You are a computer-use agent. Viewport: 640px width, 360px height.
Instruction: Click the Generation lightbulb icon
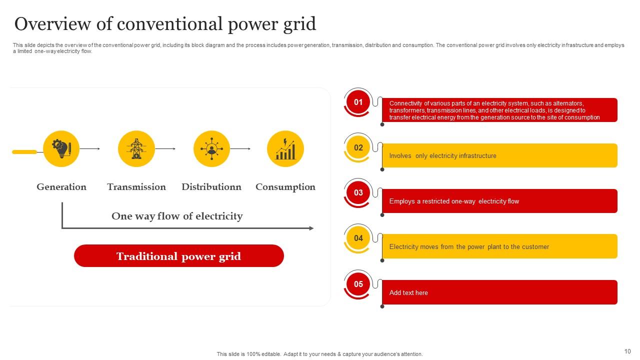click(x=61, y=149)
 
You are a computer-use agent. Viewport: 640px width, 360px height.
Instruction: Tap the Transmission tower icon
click(x=136, y=149)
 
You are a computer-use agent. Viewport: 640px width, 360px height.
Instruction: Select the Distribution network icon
click(x=211, y=149)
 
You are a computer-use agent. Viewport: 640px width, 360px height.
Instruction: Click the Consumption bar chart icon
click(x=285, y=149)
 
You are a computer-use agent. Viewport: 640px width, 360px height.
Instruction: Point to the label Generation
click(x=61, y=187)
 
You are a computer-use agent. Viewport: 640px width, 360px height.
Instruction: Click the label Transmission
click(x=136, y=187)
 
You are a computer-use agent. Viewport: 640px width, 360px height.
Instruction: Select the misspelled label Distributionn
click(x=211, y=187)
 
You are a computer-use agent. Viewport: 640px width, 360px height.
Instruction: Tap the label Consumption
click(x=285, y=187)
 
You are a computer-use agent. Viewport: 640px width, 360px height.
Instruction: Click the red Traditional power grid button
click(x=179, y=256)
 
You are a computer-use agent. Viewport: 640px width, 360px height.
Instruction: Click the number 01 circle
click(x=358, y=102)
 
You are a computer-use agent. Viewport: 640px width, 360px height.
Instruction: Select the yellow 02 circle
click(x=358, y=148)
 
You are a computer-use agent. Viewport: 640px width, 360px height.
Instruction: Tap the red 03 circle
click(x=358, y=193)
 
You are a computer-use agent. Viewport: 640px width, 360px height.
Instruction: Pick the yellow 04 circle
click(x=358, y=238)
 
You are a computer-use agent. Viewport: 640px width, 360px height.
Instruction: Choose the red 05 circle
click(x=358, y=284)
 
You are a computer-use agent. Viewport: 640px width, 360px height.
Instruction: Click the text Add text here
click(x=408, y=293)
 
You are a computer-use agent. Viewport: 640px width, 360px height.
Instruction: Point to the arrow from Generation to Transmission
click(x=90, y=149)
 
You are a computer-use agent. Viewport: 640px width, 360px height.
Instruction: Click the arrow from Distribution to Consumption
click(x=240, y=149)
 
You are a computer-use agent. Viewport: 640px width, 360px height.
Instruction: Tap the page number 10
click(x=627, y=351)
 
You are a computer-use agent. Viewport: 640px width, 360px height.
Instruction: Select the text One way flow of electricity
click(x=177, y=216)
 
